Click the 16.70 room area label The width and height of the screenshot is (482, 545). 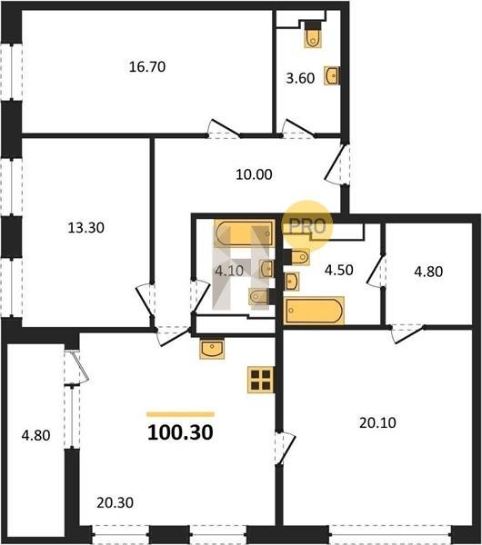click(x=147, y=66)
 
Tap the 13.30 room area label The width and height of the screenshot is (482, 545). click(x=86, y=228)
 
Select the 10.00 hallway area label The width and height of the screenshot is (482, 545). click(x=254, y=174)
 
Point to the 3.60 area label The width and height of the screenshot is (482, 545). click(x=300, y=78)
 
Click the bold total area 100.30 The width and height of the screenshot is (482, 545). click(x=180, y=432)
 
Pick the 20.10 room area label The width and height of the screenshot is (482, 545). click(x=377, y=423)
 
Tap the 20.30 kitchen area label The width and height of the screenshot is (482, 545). click(x=115, y=503)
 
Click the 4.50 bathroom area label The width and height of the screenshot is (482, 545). click(x=339, y=270)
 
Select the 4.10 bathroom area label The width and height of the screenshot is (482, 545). click(x=229, y=271)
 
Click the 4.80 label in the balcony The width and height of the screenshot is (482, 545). click(x=35, y=435)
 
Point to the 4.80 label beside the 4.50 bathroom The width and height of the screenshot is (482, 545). click(x=428, y=272)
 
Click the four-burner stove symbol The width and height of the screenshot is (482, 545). click(x=261, y=380)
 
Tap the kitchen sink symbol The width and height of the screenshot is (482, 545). click(x=212, y=349)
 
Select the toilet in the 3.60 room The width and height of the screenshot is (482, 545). click(x=313, y=35)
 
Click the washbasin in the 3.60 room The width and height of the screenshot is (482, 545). click(x=332, y=75)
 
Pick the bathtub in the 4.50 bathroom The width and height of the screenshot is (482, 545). click(x=314, y=311)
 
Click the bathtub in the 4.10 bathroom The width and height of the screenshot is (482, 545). click(x=245, y=233)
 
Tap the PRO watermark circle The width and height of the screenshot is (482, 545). click(x=307, y=226)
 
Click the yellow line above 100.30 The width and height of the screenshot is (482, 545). click(x=180, y=414)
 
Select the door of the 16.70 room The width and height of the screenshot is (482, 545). click(x=224, y=129)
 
